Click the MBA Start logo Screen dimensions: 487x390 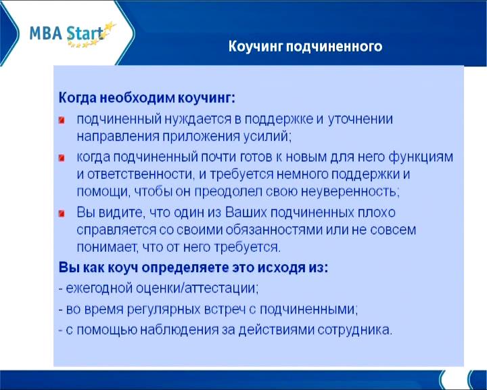point(72,35)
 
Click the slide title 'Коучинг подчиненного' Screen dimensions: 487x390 point(305,46)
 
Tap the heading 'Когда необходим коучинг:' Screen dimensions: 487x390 point(147,98)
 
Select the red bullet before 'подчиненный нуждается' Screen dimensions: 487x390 point(62,120)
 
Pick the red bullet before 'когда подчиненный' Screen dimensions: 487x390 point(62,158)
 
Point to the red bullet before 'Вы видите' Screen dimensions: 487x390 point(62,213)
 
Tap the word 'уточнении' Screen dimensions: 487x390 point(361,119)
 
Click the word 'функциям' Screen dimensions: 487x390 point(421,157)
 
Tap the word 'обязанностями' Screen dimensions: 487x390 point(274,230)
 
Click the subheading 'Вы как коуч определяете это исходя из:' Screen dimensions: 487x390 point(193,267)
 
